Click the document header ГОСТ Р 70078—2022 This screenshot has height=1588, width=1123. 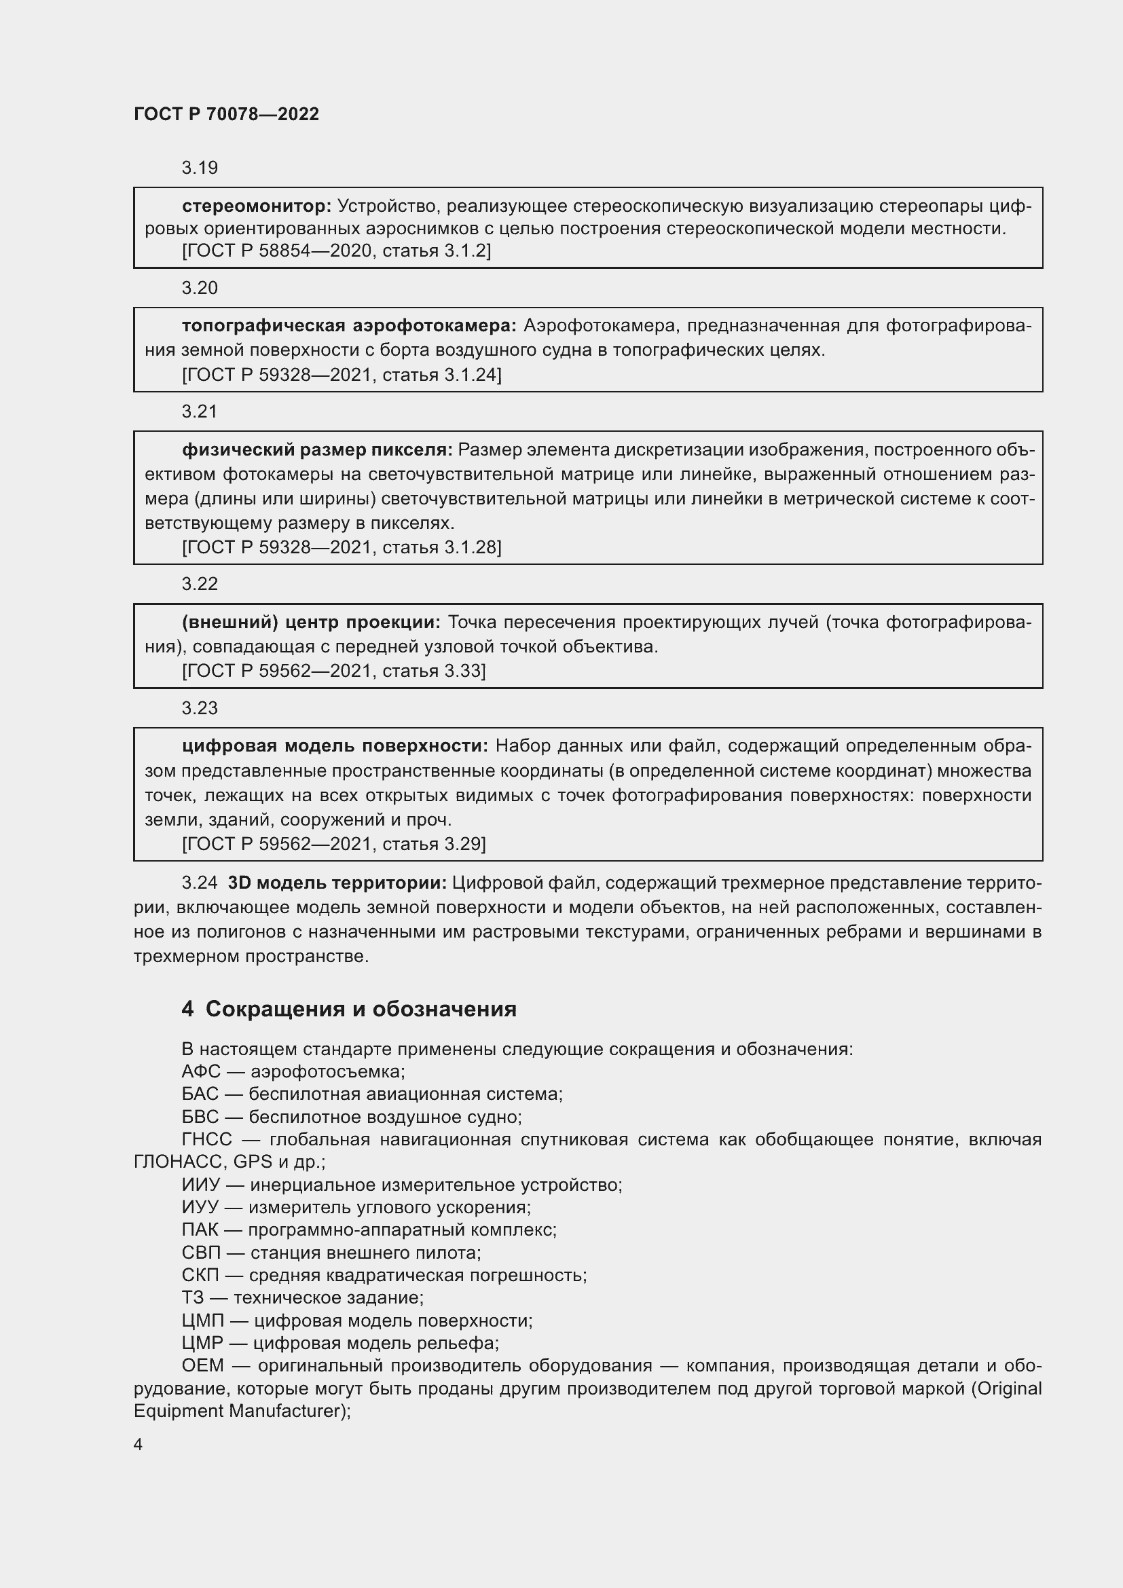click(226, 115)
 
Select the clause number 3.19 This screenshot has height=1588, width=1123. click(199, 168)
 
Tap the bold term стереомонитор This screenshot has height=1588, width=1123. click(257, 206)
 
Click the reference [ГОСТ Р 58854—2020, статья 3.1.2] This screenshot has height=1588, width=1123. click(336, 251)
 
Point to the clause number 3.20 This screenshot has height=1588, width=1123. click(199, 288)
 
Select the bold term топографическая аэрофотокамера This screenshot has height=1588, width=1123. click(349, 326)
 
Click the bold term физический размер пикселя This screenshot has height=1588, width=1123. click(316, 450)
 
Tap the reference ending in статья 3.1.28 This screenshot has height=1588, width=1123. click(342, 547)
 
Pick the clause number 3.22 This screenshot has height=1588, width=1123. click(199, 584)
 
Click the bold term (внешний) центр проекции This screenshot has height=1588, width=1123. click(310, 623)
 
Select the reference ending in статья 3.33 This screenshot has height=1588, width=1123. click(334, 671)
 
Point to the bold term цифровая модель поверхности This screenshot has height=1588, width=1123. click(335, 746)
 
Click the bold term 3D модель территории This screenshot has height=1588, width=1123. click(337, 883)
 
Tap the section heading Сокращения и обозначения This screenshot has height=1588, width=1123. click(361, 1009)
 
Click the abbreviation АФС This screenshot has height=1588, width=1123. click(200, 1072)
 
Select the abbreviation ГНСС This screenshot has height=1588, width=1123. click(206, 1139)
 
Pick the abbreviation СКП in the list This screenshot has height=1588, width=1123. click(200, 1276)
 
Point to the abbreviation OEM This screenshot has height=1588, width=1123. click(202, 1366)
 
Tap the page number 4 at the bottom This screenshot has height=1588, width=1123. click(139, 1445)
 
